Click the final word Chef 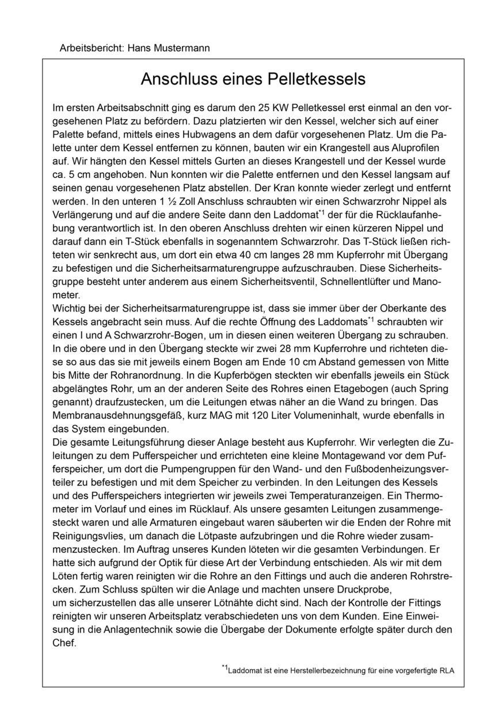click(63, 643)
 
